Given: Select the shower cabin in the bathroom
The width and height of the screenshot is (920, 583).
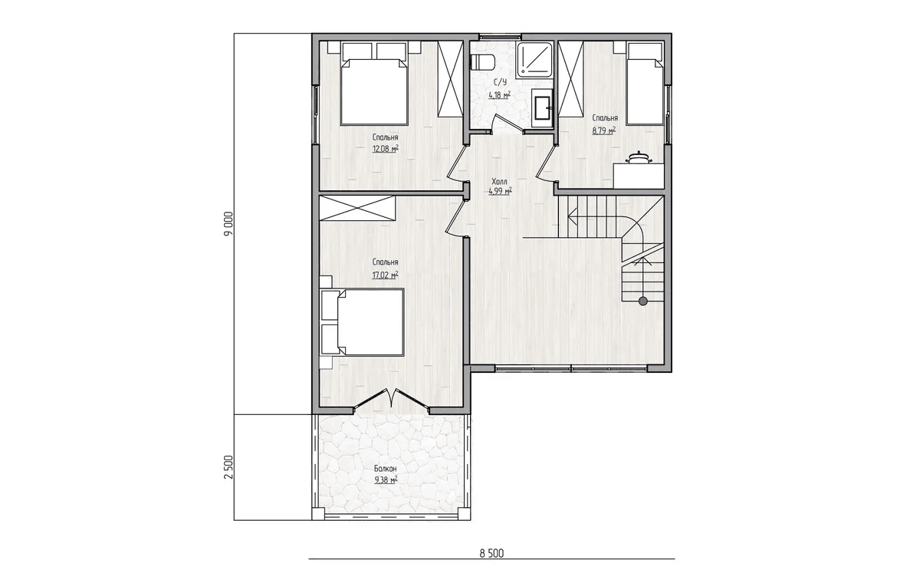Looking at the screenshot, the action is (534, 59).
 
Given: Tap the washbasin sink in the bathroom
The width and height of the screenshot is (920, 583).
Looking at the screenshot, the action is (543, 107).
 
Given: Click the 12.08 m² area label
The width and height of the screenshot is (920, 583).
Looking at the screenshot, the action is (385, 148).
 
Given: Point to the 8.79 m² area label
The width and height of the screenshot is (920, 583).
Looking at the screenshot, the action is (604, 130).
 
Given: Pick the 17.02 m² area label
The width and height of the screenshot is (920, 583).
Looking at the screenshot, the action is (385, 275).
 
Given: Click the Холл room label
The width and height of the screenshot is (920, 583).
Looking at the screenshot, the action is (499, 181).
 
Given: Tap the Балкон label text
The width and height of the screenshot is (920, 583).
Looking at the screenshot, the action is (385, 469).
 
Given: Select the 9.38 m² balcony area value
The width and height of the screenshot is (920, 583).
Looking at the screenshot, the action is (386, 479).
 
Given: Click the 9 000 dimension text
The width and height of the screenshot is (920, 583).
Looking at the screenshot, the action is (228, 223).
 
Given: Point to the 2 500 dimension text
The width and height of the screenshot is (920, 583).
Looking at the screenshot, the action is (228, 466).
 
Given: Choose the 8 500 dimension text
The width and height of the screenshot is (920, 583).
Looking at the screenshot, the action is (491, 553).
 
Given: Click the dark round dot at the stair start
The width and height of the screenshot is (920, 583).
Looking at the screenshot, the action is (643, 301).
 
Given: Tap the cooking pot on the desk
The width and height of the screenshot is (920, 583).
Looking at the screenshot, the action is (638, 159).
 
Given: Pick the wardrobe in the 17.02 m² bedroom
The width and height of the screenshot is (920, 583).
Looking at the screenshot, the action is (357, 208).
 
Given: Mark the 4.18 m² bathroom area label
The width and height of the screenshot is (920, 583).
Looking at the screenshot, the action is (499, 95).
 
